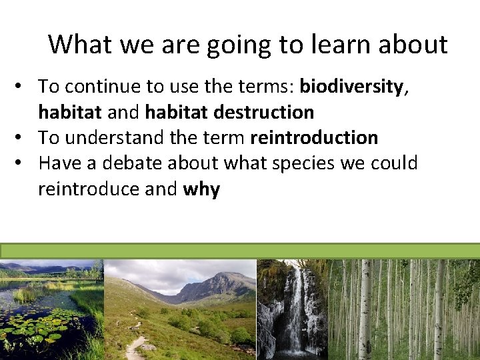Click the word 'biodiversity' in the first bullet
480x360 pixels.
351,87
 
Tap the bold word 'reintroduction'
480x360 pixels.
313,138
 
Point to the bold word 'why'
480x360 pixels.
201,189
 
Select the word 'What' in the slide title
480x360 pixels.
79,45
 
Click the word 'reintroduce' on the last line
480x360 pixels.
89,189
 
